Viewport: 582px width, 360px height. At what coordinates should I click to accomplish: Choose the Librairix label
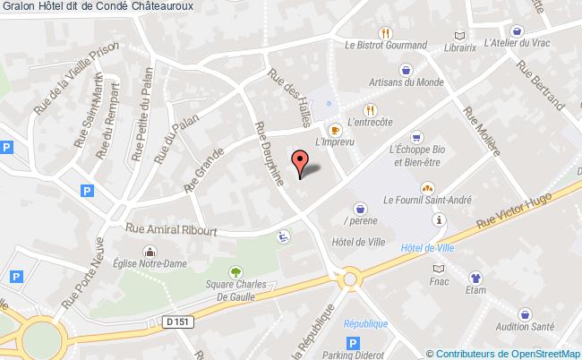click(x=460, y=52)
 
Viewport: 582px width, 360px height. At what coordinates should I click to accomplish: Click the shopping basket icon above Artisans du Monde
click(x=407, y=68)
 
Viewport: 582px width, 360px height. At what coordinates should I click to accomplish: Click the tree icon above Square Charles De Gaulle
click(x=235, y=270)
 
